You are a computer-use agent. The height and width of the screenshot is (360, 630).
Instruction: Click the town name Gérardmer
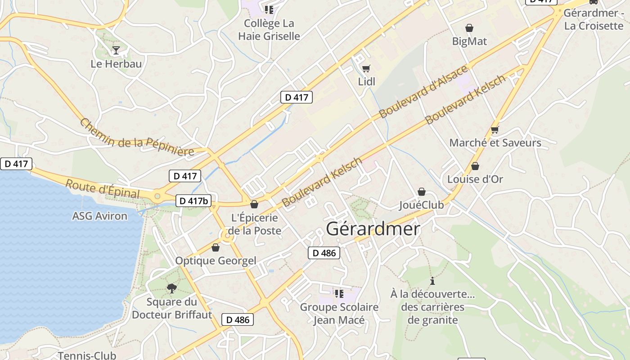(373, 229)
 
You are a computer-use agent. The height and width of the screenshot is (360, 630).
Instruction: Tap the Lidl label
(366, 82)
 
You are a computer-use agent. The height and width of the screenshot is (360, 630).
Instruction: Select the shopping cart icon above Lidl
(366, 69)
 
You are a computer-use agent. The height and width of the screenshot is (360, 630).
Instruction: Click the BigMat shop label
(469, 41)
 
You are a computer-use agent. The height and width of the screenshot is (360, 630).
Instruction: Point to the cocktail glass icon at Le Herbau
(116, 50)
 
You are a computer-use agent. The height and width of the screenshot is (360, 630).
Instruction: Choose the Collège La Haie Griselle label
(269, 30)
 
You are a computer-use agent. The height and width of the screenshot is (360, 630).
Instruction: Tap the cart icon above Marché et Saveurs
(495, 130)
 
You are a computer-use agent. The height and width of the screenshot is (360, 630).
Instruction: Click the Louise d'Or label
(475, 179)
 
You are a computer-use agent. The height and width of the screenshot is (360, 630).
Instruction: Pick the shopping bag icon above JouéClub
(421, 192)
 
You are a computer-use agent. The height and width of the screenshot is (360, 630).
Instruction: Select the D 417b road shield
(193, 201)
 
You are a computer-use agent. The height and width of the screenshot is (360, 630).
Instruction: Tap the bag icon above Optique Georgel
(216, 247)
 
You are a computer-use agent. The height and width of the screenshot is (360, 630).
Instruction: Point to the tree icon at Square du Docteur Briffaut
(171, 288)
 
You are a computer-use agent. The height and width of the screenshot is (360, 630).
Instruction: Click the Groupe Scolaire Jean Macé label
(339, 314)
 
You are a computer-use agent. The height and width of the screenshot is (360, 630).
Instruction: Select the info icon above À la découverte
(432, 281)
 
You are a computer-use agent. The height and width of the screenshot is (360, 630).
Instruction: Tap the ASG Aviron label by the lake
(100, 216)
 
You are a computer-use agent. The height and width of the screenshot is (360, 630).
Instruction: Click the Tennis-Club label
(87, 355)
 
